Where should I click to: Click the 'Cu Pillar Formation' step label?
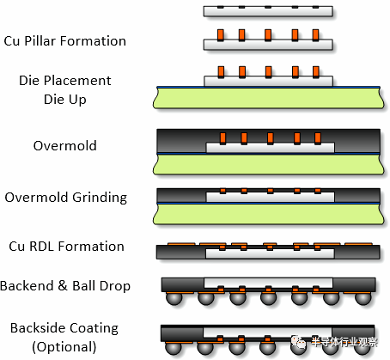65,41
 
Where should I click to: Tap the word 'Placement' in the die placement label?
76,81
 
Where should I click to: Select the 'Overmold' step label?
65,145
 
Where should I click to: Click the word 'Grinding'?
100,198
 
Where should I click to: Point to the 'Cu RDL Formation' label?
66,247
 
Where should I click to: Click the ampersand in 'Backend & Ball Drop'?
63,286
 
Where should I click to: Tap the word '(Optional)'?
64,347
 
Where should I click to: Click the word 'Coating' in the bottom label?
94,328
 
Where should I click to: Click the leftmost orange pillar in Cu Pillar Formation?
221,35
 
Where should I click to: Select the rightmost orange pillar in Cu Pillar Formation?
315,35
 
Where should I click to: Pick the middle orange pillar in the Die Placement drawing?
268,72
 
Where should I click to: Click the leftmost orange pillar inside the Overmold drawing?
222,138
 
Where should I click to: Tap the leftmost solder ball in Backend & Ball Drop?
174,298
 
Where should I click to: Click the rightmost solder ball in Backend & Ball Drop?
363,298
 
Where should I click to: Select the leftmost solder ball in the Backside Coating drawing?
174,347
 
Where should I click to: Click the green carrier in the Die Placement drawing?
269,98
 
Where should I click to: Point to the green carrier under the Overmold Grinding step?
269,214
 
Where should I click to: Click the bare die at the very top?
268,11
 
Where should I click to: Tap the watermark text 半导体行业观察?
344,342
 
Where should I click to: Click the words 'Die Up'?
65,100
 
